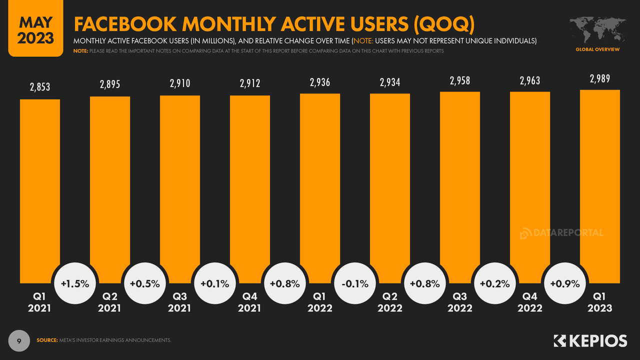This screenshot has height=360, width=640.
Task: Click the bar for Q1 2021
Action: coord(40,190)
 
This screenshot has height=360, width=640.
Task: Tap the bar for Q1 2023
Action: coord(600,185)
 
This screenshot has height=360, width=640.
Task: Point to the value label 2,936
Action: coord(320,82)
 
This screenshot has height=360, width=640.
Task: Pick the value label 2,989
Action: coord(600,79)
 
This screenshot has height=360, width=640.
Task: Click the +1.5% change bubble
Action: coord(75,283)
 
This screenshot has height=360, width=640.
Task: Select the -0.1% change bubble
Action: coord(355,283)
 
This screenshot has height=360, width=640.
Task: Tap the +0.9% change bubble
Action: coord(565,283)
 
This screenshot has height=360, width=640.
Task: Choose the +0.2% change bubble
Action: coord(495,283)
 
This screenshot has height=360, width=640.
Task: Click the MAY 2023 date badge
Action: coord(35,29)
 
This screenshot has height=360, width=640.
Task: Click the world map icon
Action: coord(597,29)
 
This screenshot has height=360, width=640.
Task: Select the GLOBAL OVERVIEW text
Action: coord(597,49)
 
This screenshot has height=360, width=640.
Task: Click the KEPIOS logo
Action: coord(590,341)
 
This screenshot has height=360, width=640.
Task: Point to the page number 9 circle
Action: coord(19,341)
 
